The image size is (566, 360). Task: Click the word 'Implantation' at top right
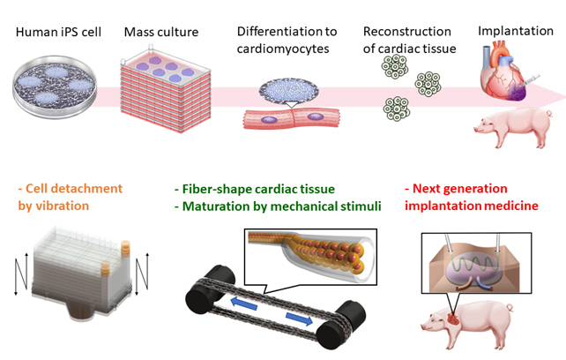tap(515, 32)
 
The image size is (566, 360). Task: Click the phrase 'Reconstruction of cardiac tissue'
tap(409, 41)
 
